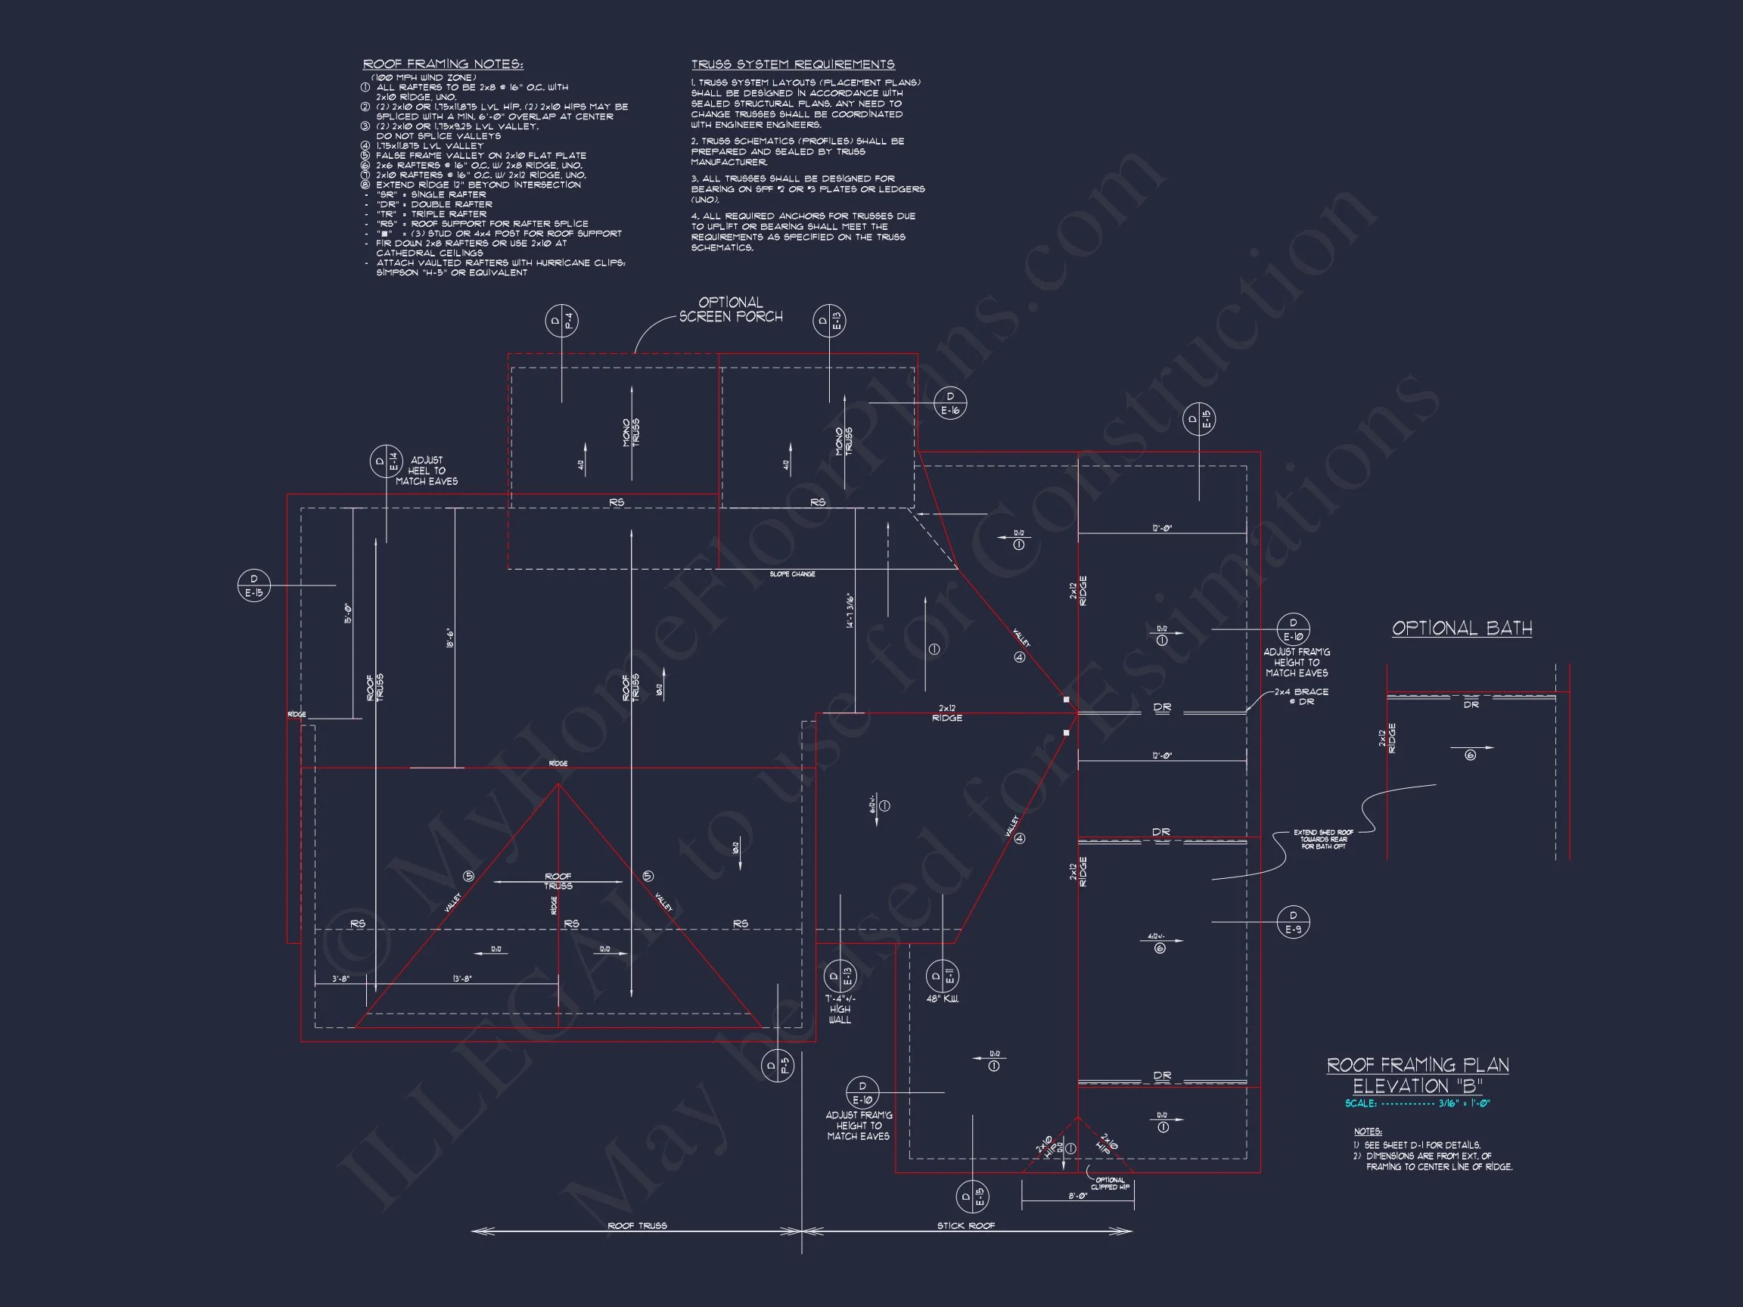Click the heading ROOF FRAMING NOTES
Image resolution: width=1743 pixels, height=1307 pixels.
point(442,64)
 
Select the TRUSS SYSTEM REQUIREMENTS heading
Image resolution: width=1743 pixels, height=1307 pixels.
point(793,64)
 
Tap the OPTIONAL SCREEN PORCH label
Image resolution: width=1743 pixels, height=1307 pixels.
point(731,309)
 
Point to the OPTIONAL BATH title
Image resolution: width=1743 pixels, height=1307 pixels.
point(1462,629)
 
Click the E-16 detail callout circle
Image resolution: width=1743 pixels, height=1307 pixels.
point(949,403)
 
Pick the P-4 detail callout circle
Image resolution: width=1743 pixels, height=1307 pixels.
point(562,321)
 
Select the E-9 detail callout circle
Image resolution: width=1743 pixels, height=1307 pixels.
point(1293,922)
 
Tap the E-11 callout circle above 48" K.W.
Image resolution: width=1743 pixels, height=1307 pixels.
point(943,977)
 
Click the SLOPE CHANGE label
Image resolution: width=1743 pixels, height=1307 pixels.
point(792,574)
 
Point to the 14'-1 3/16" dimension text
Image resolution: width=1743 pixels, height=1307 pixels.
point(850,610)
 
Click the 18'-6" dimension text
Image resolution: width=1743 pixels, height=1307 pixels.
point(449,638)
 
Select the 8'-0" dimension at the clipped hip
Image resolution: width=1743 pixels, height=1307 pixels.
point(1078,1196)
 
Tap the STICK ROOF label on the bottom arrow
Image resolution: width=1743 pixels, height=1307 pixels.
point(965,1226)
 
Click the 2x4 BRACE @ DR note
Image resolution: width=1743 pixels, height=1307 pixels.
point(1302,697)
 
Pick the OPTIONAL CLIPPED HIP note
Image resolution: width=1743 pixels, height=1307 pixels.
point(1111,1183)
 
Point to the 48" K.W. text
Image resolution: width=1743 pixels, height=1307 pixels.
point(943,999)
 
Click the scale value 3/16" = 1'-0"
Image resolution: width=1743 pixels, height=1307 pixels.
point(1463,1104)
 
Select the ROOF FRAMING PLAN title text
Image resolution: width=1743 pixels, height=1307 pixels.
point(1418,1065)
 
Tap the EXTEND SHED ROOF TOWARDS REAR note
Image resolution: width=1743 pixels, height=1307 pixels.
point(1324,839)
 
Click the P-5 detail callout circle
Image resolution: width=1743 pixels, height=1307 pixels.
point(778,1066)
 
